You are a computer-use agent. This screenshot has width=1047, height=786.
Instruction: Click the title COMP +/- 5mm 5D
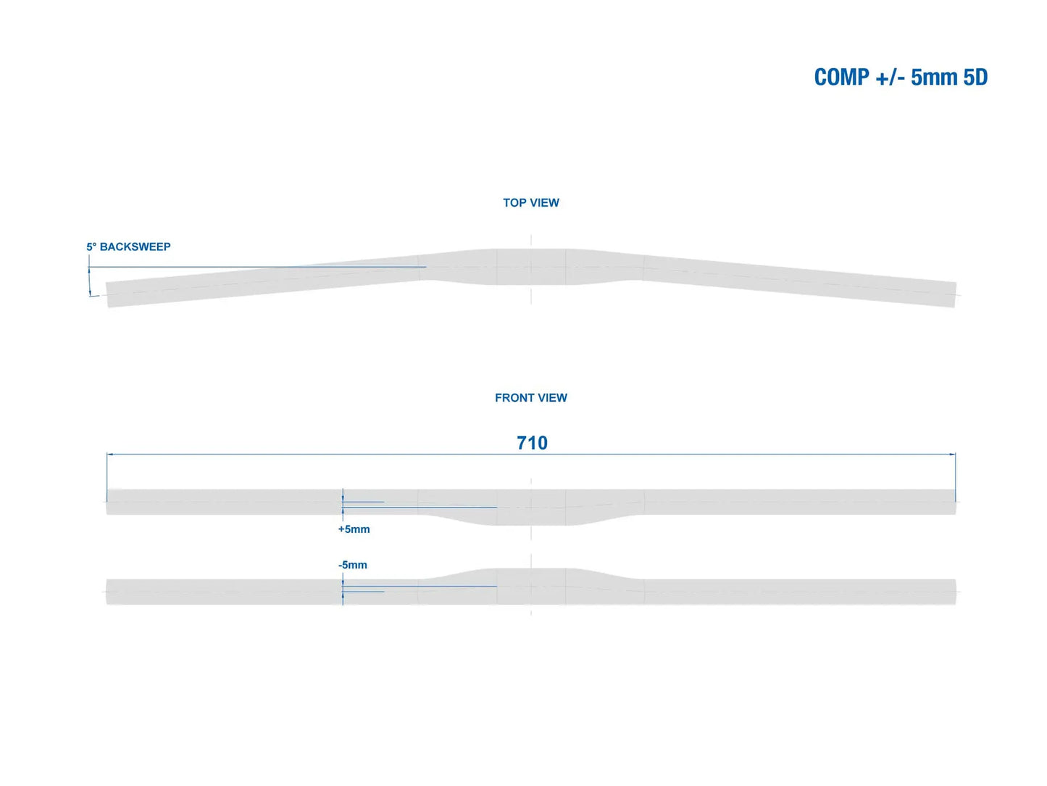(x=901, y=77)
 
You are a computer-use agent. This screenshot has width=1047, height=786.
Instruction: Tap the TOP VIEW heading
(x=531, y=203)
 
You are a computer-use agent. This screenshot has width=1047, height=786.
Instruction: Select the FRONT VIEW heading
(x=531, y=398)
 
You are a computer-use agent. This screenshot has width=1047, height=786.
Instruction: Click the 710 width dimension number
(x=532, y=443)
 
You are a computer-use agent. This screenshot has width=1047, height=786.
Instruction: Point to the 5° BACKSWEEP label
(x=128, y=247)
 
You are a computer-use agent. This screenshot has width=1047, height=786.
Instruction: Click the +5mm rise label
(x=354, y=529)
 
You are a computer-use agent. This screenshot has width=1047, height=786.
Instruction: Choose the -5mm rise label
(x=353, y=565)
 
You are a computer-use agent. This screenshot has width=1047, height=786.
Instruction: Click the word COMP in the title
(x=841, y=77)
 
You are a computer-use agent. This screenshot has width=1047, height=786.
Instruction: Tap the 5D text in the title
(x=975, y=77)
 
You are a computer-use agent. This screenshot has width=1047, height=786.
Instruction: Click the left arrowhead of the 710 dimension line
(x=110, y=455)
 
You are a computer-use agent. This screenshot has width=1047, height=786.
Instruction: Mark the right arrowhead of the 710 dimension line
(x=952, y=455)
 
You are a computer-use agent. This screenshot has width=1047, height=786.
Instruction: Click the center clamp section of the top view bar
(x=531, y=267)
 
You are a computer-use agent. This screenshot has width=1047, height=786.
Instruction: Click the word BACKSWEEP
(x=135, y=247)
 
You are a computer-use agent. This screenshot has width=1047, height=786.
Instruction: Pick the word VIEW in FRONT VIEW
(x=552, y=398)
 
